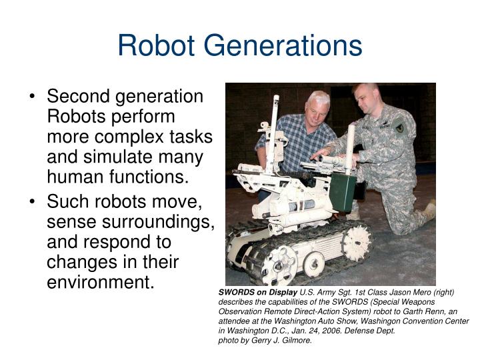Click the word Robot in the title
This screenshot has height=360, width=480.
click(x=157, y=45)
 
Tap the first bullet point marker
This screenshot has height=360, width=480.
click(x=33, y=97)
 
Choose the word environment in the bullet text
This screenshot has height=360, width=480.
click(x=100, y=282)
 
